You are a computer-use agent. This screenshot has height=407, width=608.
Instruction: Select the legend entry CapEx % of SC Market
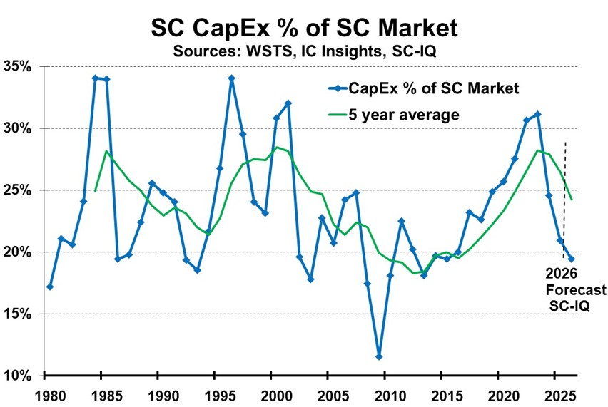421,88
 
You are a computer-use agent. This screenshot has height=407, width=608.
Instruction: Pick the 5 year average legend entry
403,114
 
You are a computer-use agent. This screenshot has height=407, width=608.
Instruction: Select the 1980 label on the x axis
45,393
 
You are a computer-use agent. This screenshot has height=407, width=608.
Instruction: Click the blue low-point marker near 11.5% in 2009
379,356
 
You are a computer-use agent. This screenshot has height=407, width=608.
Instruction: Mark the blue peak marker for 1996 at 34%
231,78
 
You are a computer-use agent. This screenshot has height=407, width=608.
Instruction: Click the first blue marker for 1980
49,287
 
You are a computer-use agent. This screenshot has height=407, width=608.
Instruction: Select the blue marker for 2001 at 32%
288,103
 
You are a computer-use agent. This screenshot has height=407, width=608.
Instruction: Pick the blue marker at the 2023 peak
537,114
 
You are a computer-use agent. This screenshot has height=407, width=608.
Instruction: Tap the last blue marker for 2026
571,259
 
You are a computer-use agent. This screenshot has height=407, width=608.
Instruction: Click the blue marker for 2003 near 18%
310,279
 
